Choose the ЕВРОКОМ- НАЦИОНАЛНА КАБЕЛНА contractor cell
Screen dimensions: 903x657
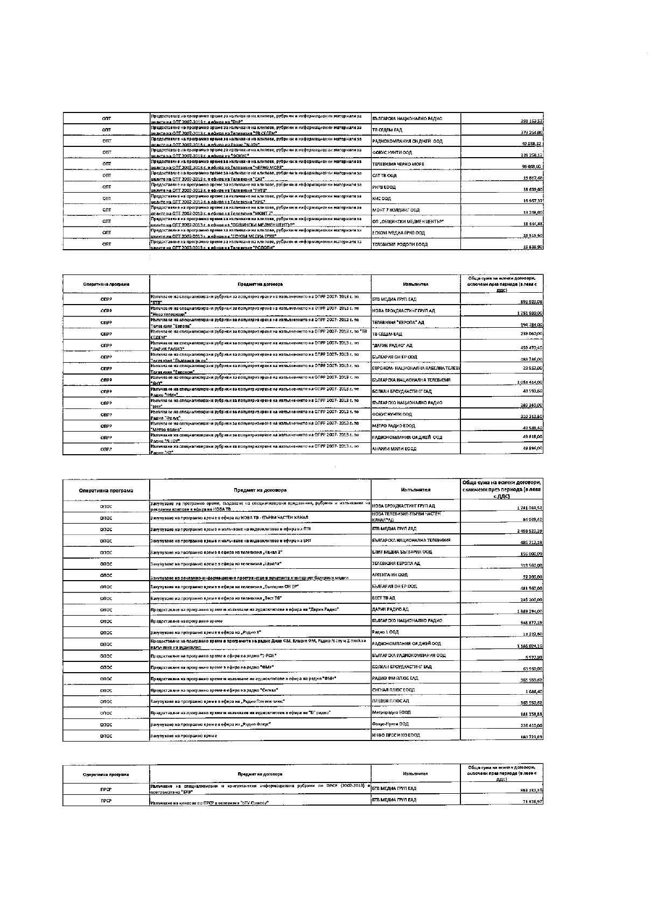point(415,369)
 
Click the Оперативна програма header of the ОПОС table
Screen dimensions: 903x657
point(106,490)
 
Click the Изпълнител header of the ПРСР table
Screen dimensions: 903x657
point(415,774)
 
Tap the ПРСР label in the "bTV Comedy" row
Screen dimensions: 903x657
point(106,801)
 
